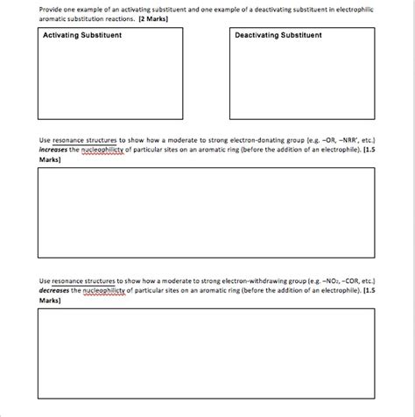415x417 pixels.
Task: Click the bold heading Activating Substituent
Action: coord(82,36)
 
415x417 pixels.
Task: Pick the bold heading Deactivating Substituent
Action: coord(278,36)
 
